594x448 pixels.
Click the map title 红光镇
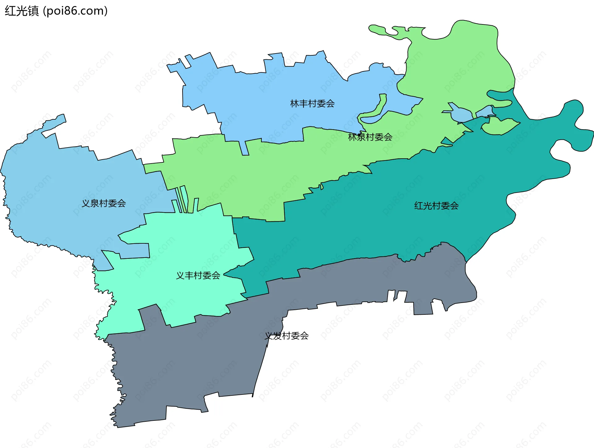(22, 11)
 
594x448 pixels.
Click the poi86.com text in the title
(75, 11)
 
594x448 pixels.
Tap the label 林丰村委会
(312, 104)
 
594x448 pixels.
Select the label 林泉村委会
(370, 137)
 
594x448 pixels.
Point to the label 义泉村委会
(104, 203)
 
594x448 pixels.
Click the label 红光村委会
(436, 206)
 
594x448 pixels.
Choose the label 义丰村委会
(198, 275)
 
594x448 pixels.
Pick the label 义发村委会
(286, 335)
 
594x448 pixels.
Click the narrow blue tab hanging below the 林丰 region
(245, 148)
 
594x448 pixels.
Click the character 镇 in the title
(33, 11)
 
